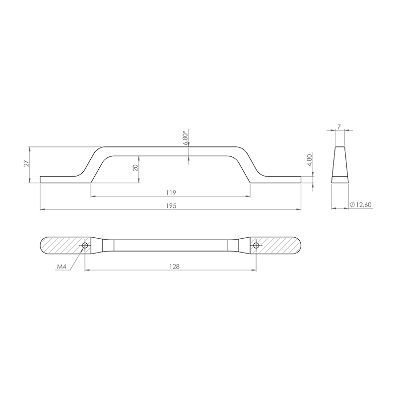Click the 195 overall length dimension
[171, 206]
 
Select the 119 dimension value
[171, 193]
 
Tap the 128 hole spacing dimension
[175, 266]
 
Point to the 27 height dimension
[26, 164]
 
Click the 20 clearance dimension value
[135, 168]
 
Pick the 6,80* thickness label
[186, 138]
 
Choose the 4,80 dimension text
[309, 160]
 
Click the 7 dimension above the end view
[339, 127]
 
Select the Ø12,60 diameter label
[361, 204]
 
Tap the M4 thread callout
[62, 266]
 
